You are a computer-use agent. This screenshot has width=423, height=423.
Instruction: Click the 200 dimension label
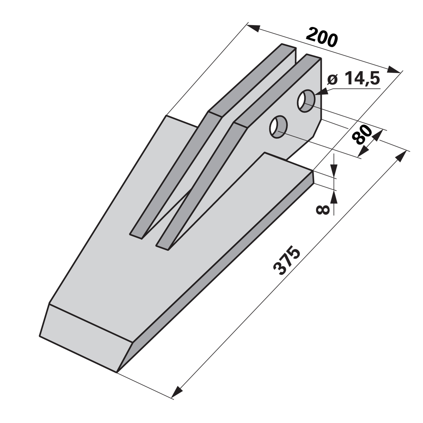coord(322,36)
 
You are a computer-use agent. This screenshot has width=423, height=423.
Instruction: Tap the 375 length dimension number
coord(287,261)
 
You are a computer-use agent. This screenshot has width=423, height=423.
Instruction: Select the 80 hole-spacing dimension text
coord(362,135)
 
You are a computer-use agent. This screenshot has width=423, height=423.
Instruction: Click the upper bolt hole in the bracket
coord(306,101)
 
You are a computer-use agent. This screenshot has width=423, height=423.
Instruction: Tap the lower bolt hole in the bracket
coord(278,127)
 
